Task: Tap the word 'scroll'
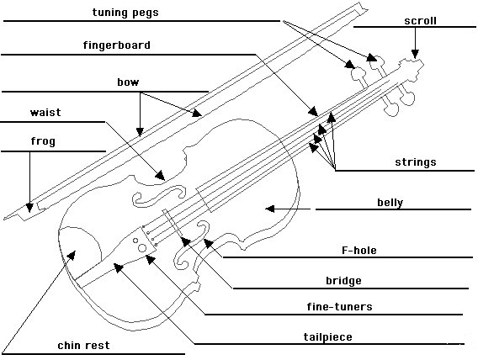[420, 20]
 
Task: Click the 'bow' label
[128, 82]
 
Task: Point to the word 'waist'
[45, 112]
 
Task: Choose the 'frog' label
[43, 141]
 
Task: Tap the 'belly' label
[390, 202]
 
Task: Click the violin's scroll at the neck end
[413, 66]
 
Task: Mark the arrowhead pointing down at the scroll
[415, 56]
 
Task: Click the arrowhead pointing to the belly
[268, 208]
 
